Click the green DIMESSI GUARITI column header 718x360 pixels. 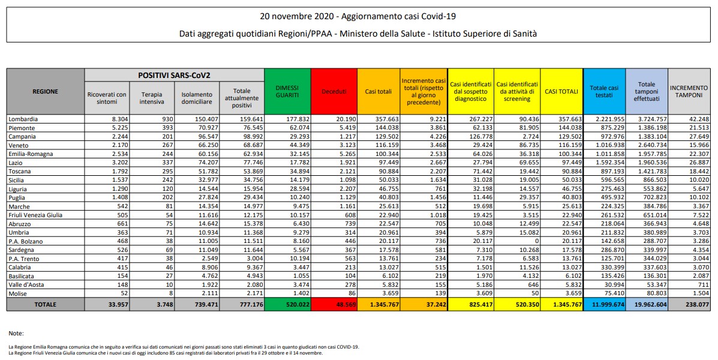click(287, 91)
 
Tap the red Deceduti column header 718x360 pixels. click(334, 91)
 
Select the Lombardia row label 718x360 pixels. click(23, 119)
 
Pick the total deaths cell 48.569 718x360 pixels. click(335, 304)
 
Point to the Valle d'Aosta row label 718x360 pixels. click(27, 284)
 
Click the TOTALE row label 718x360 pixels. click(46, 304)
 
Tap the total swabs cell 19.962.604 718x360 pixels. click(646, 304)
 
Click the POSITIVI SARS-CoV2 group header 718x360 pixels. click(175, 76)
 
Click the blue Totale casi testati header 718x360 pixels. click(604, 91)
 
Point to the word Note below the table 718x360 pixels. click(16, 332)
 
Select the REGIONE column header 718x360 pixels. click(46, 91)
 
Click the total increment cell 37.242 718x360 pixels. click(424, 304)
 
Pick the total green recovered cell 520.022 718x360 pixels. click(287, 304)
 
